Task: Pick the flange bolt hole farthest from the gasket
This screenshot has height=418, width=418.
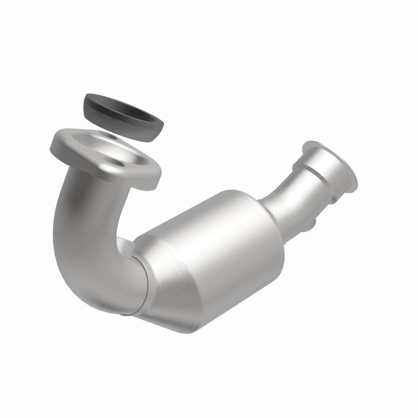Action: pyautogui.click(x=121, y=164)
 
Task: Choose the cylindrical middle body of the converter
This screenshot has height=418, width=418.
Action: pyautogui.click(x=219, y=246)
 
